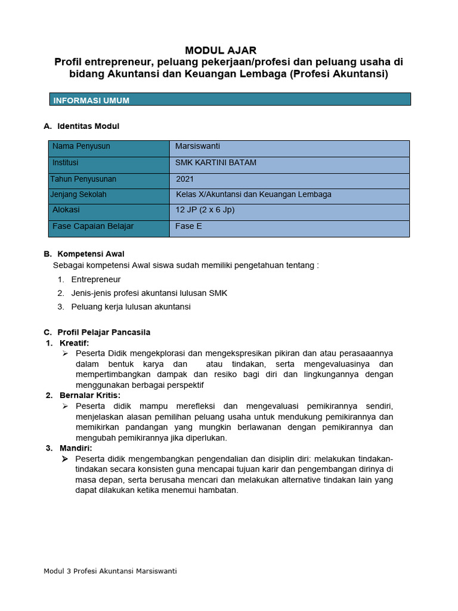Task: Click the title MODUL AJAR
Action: (x=221, y=50)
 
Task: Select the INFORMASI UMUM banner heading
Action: (x=91, y=100)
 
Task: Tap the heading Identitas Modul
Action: (x=88, y=126)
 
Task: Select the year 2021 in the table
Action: (x=185, y=179)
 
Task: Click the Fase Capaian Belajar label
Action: (x=93, y=226)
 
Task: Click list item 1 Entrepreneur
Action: (x=95, y=279)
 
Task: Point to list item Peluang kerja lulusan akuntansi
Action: (x=131, y=307)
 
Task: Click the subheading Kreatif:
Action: (x=74, y=343)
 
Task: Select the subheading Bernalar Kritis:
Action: (x=89, y=395)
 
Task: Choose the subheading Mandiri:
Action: (x=76, y=448)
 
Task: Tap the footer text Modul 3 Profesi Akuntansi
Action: (x=110, y=570)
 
